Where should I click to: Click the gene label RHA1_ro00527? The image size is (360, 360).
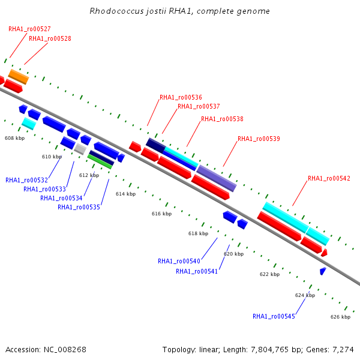pyautogui.click(x=29, y=29)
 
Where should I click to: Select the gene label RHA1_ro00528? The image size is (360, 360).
pyautogui.click(x=50, y=38)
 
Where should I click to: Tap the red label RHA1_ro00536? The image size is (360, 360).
pyautogui.click(x=181, y=97)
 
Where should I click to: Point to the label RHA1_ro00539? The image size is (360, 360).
pyautogui.click(x=259, y=139)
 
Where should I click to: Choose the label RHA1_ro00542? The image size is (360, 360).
pyautogui.click(x=329, y=178)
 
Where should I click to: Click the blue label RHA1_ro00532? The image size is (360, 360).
pyautogui.click(x=26, y=180)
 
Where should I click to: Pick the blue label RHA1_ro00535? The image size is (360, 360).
pyautogui.click(x=79, y=207)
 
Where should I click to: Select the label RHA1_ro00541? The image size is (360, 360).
pyautogui.click(x=197, y=271)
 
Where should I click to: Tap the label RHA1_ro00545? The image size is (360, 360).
pyautogui.click(x=274, y=316)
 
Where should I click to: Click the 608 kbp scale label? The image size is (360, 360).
pyautogui.click(x=14, y=138)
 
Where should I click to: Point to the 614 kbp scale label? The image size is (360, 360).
pyautogui.click(x=125, y=194)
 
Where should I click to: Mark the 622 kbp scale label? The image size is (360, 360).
pyautogui.click(x=269, y=274)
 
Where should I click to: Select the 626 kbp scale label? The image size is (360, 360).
pyautogui.click(x=340, y=317)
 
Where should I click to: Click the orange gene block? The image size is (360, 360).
pyautogui.click(x=19, y=77)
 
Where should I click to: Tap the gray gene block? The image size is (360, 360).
pyautogui.click(x=80, y=149)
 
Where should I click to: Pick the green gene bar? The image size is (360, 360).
pyautogui.click(x=100, y=161)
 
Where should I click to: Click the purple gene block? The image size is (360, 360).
pyautogui.click(x=217, y=178)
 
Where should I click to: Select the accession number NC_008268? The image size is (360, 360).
pyautogui.click(x=65, y=350)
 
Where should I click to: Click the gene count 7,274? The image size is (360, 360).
pyautogui.click(x=343, y=350)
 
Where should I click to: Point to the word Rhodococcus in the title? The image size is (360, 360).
pyautogui.click(x=116, y=11)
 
